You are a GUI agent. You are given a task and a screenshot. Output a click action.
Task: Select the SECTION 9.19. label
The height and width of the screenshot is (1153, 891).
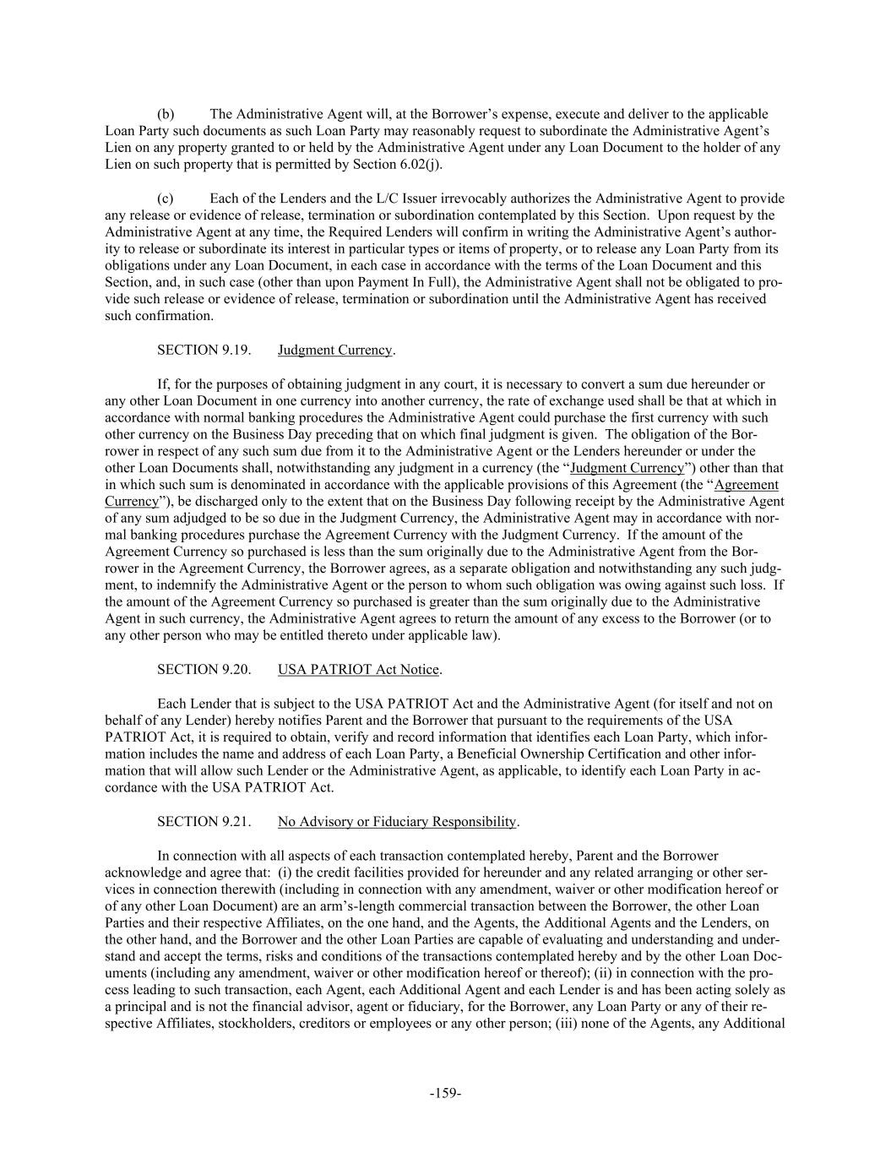(204, 350)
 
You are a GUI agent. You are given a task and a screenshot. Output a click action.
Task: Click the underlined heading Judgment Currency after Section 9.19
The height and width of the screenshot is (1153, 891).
(334, 350)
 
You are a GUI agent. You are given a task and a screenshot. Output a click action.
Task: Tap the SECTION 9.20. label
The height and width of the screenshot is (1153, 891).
(204, 670)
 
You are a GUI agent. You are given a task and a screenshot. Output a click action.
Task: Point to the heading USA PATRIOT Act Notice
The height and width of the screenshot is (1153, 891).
(358, 670)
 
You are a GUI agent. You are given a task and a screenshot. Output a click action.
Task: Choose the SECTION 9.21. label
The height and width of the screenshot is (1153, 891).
(204, 822)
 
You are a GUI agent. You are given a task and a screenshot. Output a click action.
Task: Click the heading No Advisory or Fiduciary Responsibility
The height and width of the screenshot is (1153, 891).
(396, 822)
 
